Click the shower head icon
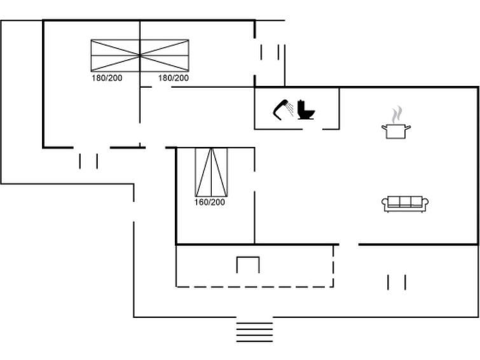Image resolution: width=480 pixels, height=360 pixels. click(283, 109)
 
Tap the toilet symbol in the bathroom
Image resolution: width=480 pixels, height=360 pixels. click(306, 109)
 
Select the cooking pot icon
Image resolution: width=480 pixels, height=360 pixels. click(396, 131)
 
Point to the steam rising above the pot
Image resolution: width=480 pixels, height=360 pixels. click(397, 114)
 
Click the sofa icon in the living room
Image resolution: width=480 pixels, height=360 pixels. click(405, 204)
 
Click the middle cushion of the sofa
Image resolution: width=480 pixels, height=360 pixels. click(405, 202)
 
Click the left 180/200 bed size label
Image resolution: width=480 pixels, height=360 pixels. click(107, 78)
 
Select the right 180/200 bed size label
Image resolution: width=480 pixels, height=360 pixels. click(174, 78)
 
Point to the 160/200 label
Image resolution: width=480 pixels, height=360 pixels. click(209, 202)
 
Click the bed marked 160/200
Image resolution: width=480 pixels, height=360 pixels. click(211, 172)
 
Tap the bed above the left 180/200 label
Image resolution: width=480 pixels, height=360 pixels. click(116, 55)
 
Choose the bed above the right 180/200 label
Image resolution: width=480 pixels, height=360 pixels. click(165, 55)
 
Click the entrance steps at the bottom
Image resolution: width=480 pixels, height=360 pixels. click(254, 332)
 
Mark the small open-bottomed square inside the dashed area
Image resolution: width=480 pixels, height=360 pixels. click(248, 265)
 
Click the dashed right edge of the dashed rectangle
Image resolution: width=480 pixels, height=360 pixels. click(333, 266)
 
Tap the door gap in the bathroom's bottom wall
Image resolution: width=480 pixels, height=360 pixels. click(313, 129)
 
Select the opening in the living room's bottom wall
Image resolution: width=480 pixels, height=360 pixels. click(348, 244)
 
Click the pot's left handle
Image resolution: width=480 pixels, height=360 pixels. click(384, 127)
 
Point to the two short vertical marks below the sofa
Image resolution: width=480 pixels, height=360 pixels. click(397, 282)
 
